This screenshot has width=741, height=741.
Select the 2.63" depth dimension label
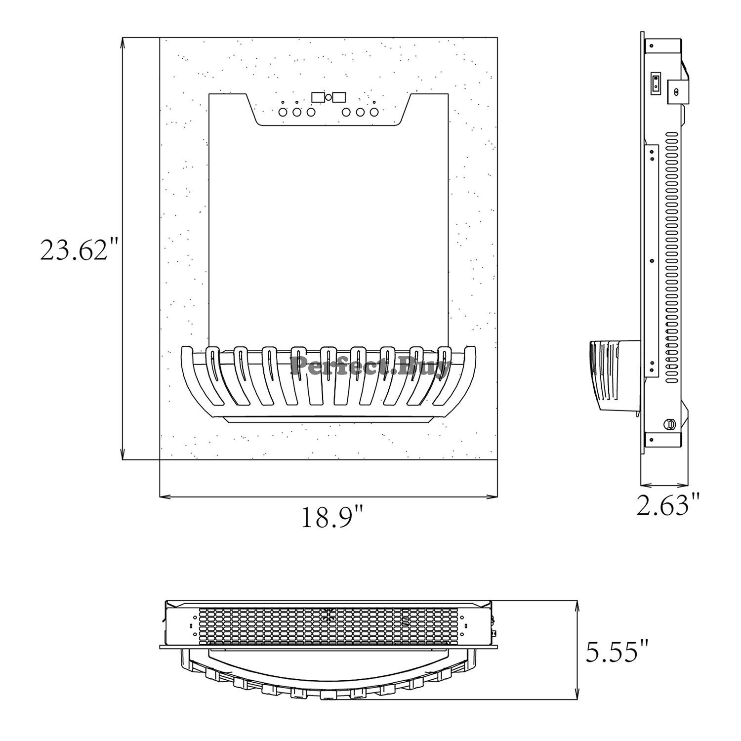click(x=668, y=504)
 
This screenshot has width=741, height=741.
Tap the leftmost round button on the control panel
click(x=283, y=112)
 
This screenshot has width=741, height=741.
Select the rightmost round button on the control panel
click(x=374, y=112)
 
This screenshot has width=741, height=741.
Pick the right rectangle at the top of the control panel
click(x=340, y=97)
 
